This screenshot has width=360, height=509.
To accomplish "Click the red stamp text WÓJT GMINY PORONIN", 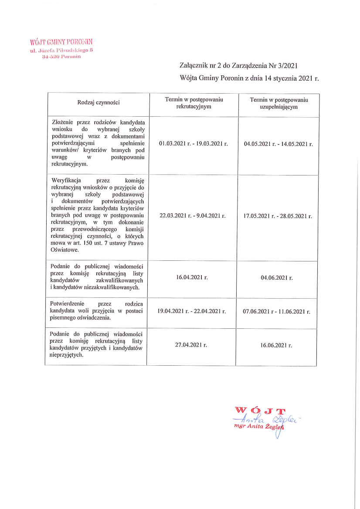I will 61,42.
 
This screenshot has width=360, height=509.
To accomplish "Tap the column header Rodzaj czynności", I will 98,103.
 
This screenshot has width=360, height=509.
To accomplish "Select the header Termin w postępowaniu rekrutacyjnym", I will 194,103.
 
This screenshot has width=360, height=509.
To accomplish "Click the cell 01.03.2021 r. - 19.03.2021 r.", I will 194,143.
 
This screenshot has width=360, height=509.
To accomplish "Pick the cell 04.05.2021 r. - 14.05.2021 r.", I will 278,143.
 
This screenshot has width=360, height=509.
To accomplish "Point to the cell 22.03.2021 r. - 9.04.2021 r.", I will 192,216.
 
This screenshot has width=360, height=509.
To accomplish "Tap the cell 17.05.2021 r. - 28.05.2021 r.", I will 278,216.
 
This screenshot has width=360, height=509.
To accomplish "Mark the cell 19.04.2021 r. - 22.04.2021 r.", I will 192,311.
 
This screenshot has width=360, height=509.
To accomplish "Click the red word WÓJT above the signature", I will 260,410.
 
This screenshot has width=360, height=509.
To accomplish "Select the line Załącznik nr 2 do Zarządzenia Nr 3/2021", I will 238,65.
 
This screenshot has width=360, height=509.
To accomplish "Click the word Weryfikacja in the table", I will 65,180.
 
